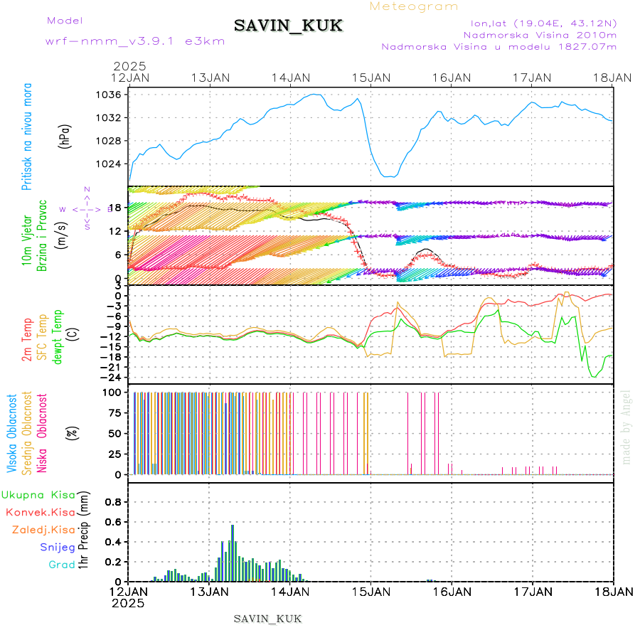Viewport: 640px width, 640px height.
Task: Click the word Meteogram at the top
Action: (x=414, y=6)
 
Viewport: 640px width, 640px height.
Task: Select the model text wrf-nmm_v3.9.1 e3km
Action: (x=135, y=41)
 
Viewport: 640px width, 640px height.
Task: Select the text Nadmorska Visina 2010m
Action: (x=540, y=34)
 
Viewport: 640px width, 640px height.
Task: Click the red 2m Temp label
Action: (x=27, y=341)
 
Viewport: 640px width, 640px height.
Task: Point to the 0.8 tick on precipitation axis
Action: (x=112, y=501)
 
